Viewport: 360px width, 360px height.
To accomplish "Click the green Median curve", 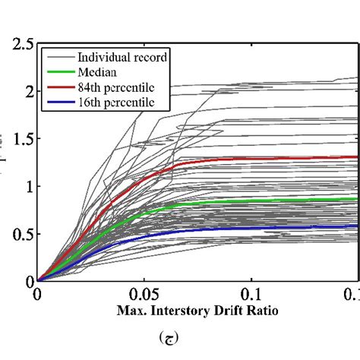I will point(228,201).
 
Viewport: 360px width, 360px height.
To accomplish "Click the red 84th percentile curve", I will point(228,159).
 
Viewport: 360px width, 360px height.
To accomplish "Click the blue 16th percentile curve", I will point(228,228).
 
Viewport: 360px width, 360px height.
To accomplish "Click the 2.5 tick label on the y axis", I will point(18,45).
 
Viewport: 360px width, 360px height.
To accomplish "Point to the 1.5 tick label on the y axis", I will point(18,139).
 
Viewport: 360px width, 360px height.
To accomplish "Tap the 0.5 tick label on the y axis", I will point(18,233).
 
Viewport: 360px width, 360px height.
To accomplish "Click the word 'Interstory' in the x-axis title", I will point(179,311).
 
